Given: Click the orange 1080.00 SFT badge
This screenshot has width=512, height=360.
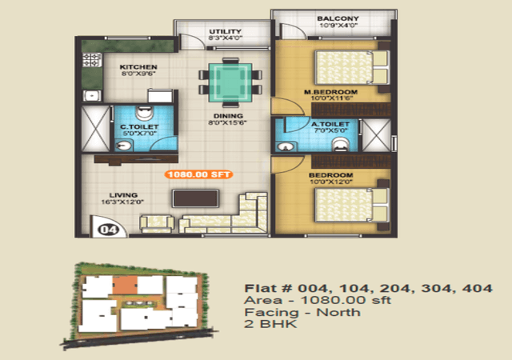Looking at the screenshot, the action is [198, 174].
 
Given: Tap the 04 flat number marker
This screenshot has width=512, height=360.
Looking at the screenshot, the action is [109, 230].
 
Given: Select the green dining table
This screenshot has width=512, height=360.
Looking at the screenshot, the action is [230, 82].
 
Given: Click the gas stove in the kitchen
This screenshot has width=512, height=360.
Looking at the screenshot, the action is [92, 60].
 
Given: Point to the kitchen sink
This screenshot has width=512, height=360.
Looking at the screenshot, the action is [92, 96].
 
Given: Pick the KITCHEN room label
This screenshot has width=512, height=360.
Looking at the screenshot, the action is [138, 67].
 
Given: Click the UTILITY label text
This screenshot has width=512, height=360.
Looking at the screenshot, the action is [226, 31].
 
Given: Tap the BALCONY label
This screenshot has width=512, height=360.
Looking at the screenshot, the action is [338, 18].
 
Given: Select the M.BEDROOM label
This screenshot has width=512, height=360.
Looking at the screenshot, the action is [330, 92].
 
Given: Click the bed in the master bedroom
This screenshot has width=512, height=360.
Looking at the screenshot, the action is [352, 67].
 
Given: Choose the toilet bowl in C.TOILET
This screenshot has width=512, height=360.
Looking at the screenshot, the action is [144, 113].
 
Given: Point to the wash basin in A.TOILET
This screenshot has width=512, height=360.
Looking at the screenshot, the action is [286, 146].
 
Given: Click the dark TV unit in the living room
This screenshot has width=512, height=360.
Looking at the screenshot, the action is [195, 198].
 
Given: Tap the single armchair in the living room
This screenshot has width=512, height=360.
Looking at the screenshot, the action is [157, 223].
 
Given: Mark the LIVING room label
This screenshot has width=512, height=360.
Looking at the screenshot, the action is [123, 195].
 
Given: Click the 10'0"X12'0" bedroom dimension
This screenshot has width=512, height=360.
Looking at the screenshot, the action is [330, 182].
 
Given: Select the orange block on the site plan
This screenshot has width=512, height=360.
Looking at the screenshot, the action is [125, 285].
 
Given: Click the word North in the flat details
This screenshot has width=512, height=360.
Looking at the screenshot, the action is [338, 312].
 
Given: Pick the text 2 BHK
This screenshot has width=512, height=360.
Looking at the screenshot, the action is [270, 324].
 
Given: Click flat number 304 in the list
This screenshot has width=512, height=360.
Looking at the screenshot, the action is [436, 289].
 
